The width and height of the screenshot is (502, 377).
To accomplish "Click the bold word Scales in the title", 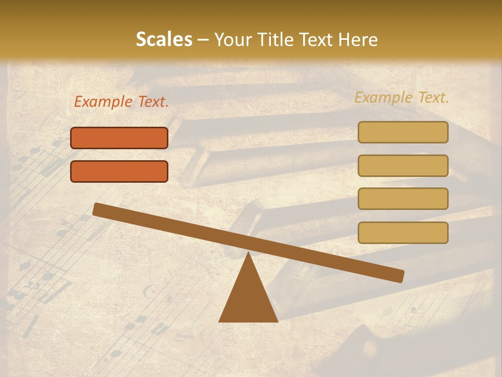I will click(164, 39).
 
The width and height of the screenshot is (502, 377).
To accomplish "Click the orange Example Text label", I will click(121, 102).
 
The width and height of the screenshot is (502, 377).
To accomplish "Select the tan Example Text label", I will click(402, 97).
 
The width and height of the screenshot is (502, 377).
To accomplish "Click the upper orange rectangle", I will click(119, 138).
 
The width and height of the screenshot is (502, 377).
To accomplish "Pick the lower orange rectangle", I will click(119, 171).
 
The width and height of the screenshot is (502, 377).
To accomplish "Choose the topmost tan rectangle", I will click(403, 132).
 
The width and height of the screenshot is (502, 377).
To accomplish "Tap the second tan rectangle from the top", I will click(403, 165).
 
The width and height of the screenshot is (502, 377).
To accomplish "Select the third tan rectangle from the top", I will click(403, 199).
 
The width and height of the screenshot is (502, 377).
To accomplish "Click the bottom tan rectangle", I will click(403, 232).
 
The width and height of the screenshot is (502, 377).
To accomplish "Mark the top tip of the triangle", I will click(248, 253).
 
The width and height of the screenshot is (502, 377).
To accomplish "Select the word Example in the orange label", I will click(104, 102).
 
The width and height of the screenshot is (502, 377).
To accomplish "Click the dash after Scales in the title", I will click(203, 39).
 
